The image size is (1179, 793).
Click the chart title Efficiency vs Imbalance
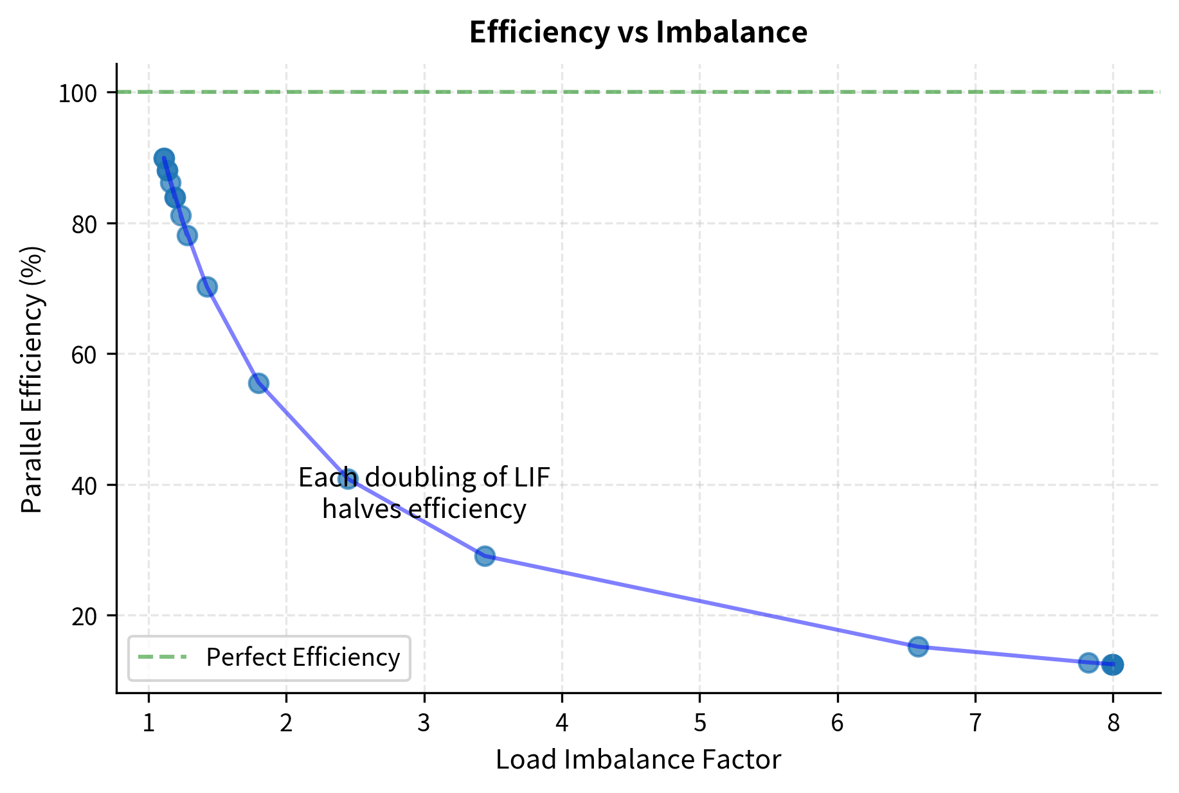coord(638,32)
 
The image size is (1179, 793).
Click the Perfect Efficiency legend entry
coord(302,657)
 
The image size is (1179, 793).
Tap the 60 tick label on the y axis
coord(84,355)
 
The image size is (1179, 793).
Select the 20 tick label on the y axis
coord(84,616)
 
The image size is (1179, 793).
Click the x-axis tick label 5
coord(699,724)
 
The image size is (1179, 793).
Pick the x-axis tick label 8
coord(1113,724)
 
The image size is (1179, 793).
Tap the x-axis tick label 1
coord(148,724)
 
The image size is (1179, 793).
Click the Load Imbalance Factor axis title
coord(638,760)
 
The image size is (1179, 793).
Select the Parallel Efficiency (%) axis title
coord(32,379)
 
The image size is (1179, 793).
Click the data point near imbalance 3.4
coord(485,556)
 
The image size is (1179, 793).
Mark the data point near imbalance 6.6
coord(918,646)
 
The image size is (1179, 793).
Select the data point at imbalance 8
coord(1113,664)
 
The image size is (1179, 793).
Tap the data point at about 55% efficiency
coord(258,383)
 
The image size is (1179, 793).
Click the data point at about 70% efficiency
coord(207,287)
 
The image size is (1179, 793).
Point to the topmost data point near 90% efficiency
coord(164,158)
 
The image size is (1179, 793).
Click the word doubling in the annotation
coord(411,478)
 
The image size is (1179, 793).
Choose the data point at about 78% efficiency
coord(187,236)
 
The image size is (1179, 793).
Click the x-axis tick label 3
coord(424,724)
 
